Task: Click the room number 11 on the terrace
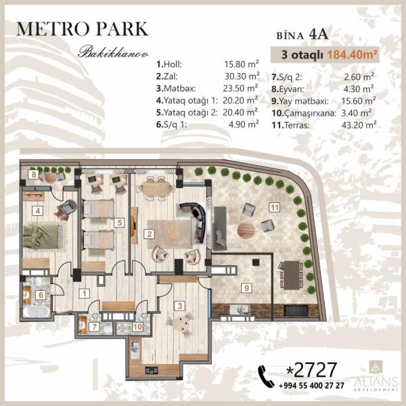pos(275,208)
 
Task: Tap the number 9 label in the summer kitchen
pos(246,288)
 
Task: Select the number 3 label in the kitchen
pos(180,306)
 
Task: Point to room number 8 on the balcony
pos(34,175)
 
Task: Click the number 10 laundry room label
pos(137,327)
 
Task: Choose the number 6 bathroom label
pos(41,295)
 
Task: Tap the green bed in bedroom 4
pos(43,237)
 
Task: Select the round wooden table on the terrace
pos(246,229)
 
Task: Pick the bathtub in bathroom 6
pos(37,312)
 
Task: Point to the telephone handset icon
pos(266,376)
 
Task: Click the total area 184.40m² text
pos(352,55)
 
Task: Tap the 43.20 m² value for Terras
pos(359,125)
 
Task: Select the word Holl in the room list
pos(173,64)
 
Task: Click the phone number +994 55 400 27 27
pos(311,386)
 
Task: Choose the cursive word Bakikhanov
pos(113,52)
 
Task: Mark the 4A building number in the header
pos(319,35)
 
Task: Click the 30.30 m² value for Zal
pos(242,76)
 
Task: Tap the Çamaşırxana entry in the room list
pos(310,113)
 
